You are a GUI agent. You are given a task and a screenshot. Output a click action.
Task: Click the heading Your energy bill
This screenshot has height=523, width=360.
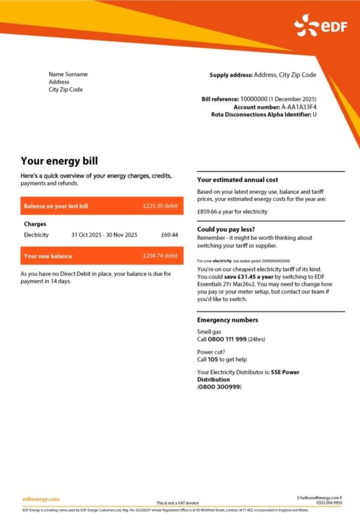59,161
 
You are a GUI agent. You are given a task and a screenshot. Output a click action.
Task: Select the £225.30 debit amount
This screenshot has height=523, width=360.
160,206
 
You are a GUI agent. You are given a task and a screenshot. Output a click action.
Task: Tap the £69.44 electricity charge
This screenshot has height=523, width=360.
170,235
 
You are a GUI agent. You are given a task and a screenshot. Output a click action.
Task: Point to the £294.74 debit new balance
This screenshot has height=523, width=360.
160,256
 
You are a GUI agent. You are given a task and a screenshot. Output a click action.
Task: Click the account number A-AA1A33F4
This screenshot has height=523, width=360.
299,106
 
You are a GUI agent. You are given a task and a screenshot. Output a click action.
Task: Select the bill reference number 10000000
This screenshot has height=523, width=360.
253,98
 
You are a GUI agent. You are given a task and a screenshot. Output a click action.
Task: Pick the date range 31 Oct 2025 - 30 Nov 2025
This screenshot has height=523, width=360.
104,235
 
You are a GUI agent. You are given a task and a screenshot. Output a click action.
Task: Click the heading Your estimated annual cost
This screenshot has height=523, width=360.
238,179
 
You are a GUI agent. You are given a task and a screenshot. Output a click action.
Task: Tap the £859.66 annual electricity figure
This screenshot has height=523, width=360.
210,211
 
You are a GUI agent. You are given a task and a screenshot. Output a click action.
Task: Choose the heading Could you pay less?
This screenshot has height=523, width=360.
226,229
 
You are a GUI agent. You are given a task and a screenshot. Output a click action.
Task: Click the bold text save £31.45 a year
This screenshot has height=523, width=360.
245,278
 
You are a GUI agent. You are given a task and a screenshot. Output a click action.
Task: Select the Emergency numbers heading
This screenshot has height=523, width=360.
227,320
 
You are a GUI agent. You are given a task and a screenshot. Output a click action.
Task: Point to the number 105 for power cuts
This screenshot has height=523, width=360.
212,359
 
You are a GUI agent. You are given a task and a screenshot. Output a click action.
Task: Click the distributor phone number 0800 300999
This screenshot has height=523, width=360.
219,387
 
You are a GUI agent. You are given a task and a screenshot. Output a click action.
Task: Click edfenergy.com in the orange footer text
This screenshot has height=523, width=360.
41,499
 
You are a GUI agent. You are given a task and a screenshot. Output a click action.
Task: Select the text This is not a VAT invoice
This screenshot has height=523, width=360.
177,503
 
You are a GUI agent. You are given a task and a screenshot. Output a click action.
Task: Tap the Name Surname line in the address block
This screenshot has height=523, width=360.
68,74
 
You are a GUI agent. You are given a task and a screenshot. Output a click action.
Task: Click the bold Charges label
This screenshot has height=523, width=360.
35,224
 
